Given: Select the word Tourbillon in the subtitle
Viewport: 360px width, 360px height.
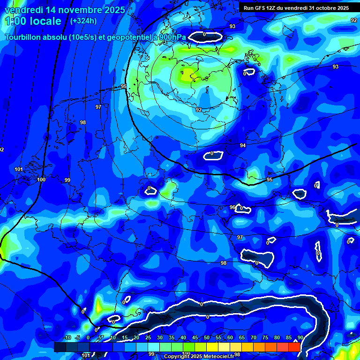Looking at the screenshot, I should (x=23, y=37).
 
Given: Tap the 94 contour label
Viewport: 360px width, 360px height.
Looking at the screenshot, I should (x=243, y=145).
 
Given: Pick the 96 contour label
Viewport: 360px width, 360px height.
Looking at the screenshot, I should (x=232, y=207).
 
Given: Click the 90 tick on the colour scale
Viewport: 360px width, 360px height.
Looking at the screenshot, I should (x=300, y=337).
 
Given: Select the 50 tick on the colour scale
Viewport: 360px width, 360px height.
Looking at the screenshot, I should (x=207, y=337).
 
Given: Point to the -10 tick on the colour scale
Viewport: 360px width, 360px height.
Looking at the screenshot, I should (x=67, y=337).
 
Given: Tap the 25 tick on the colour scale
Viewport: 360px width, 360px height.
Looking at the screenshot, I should (x=148, y=337).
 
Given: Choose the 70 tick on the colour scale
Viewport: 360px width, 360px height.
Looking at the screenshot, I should (x=254, y=337).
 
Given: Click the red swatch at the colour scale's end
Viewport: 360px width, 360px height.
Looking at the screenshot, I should (x=294, y=347).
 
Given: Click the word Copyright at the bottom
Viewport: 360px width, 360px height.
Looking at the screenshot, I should (x=176, y=357).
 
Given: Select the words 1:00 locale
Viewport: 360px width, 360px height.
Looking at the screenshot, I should (x=33, y=21).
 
